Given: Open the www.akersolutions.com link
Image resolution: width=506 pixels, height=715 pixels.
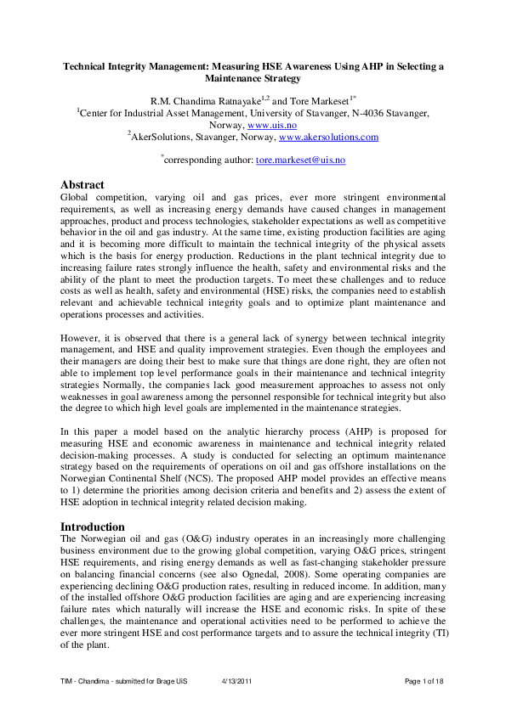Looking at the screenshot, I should (x=328, y=136).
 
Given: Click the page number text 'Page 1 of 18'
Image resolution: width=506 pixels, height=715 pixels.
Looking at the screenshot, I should (x=424, y=682).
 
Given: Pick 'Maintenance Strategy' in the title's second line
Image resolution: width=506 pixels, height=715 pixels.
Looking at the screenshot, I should (x=253, y=78).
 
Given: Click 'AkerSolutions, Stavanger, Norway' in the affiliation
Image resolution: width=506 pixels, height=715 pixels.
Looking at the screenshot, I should (x=204, y=136).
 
